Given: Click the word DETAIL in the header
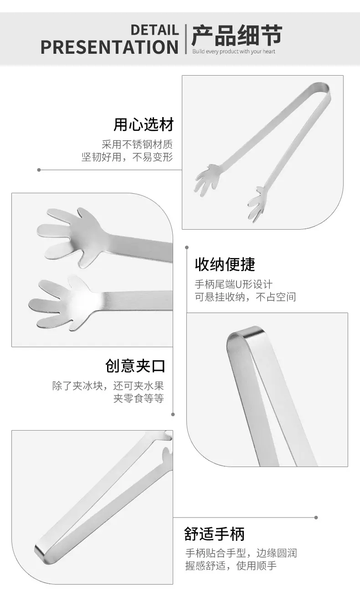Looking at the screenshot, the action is tap(154, 30).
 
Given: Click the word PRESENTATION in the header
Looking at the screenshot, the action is tap(109, 47).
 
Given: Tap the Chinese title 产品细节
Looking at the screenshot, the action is tap(237, 35).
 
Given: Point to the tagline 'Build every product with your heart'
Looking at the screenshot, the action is tap(234, 51).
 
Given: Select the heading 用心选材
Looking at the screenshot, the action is tap(144, 124).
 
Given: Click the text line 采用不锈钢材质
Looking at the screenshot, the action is tap(137, 144).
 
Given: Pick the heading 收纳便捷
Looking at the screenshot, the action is tap(225, 264).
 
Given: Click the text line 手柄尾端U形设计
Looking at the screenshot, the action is tap(234, 284).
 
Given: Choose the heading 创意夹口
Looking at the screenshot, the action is tap(135, 366).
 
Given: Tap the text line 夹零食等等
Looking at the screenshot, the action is tap(139, 398).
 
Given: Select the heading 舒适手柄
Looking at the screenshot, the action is tap(214, 534).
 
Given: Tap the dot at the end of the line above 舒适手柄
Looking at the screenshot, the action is tap(316, 518).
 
